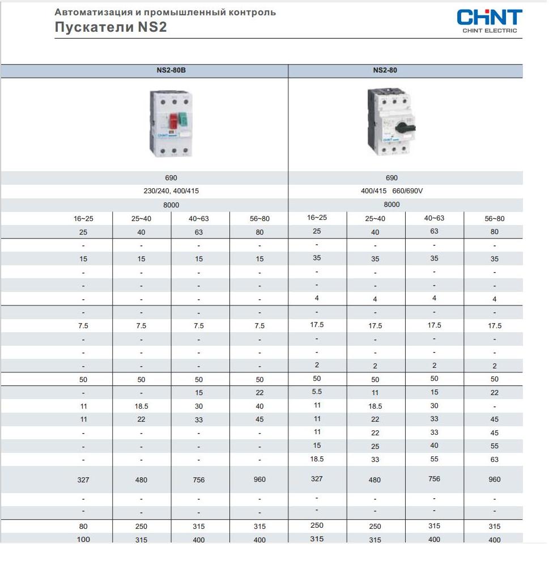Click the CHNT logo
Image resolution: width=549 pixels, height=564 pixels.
click(x=490, y=17)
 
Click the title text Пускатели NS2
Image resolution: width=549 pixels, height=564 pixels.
click(x=110, y=27)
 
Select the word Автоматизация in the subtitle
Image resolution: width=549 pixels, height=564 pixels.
click(x=87, y=12)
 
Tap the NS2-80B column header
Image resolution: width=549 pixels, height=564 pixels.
click(x=171, y=71)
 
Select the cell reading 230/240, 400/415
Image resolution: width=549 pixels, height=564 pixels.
click(x=171, y=191)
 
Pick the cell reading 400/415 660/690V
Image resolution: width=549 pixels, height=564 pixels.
click(x=391, y=191)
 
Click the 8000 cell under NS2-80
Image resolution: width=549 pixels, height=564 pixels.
click(x=391, y=205)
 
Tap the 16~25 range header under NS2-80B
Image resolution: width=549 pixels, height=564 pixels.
click(x=83, y=218)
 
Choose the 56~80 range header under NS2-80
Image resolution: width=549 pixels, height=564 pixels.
click(x=494, y=219)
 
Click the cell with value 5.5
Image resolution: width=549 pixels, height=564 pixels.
click(x=317, y=392)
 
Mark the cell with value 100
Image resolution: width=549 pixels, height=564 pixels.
click(x=83, y=539)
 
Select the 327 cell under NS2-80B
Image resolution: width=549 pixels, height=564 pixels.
click(x=83, y=480)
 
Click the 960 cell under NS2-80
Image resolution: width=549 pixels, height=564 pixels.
click(x=494, y=480)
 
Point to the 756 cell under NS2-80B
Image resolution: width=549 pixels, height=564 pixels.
click(x=198, y=480)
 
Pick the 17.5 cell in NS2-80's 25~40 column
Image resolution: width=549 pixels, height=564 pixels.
click(x=375, y=326)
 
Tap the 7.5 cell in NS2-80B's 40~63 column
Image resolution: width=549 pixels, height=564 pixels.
click(x=198, y=326)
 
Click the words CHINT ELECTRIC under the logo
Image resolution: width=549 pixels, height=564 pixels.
click(x=490, y=31)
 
